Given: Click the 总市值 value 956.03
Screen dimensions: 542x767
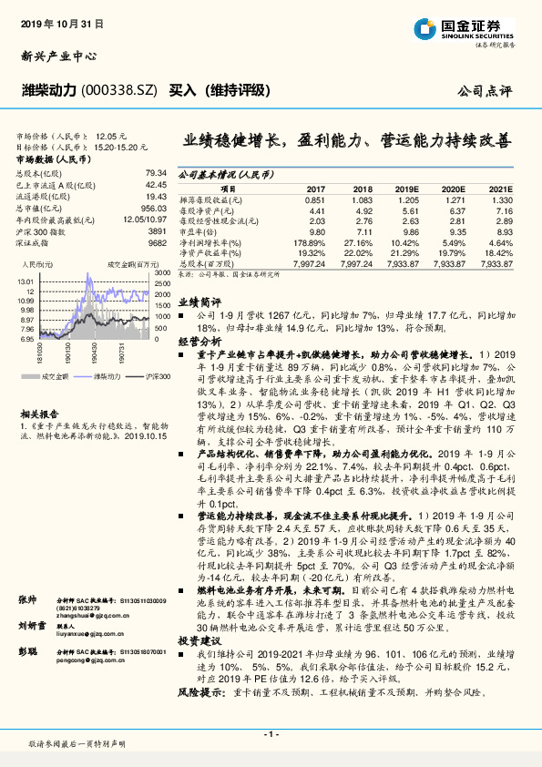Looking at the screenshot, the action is coord(154,208).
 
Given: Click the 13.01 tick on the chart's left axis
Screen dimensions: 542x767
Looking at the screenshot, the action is coord(26,281).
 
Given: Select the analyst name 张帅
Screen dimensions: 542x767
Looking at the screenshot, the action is coord(29,599).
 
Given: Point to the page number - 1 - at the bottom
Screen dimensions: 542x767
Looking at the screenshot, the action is coord(271,734).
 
